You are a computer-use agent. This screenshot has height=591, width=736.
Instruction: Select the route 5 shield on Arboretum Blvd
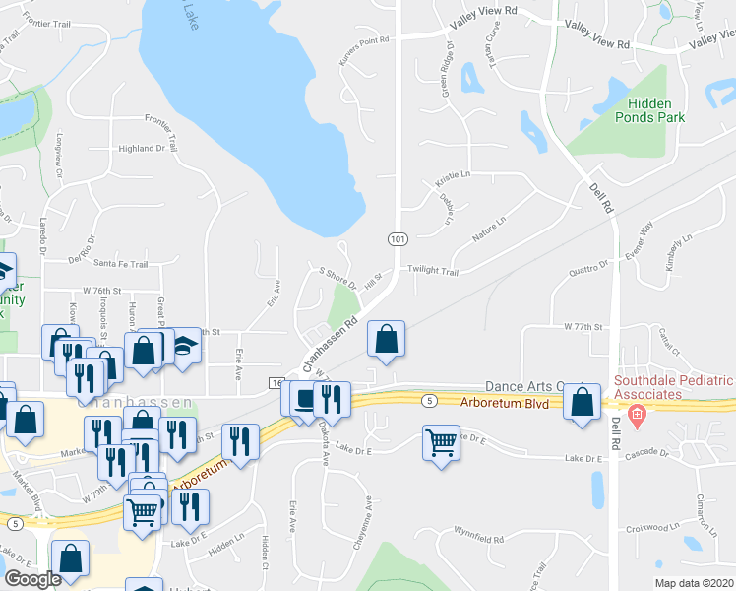click(429, 400)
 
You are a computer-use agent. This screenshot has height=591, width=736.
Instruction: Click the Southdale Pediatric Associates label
click(674, 390)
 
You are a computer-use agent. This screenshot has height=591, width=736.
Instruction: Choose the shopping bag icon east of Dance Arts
click(583, 402)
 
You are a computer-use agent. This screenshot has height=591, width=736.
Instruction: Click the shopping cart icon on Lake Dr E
click(442, 442)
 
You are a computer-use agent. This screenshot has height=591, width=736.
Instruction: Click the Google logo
click(32, 579)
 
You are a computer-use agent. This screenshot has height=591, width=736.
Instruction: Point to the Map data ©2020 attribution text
click(694, 583)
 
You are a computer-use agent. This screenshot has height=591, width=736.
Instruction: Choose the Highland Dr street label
click(142, 149)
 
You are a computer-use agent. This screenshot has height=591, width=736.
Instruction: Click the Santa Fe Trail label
click(120, 264)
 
